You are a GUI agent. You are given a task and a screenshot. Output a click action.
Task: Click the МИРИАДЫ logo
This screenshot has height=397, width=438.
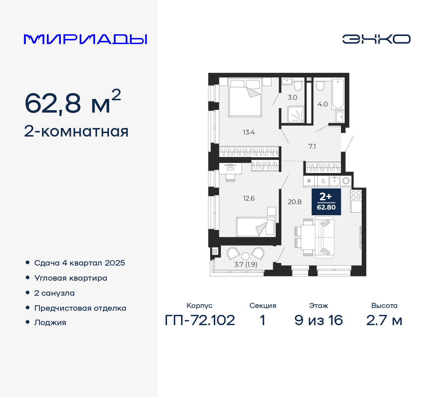click(x=85, y=39)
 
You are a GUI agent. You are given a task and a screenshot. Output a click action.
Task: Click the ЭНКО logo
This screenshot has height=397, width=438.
click(x=376, y=39)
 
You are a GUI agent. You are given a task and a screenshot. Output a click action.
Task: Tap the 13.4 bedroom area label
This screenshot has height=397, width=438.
click(x=249, y=132)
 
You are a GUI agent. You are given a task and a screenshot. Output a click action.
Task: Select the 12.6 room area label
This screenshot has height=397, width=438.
click(x=249, y=198)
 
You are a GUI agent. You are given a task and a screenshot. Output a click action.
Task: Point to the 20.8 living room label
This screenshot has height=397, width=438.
click(x=295, y=202)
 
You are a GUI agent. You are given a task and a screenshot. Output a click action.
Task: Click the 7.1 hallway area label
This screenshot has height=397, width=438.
click(x=312, y=146)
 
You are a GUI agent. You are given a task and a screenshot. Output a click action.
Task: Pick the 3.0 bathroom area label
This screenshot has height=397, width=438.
click(x=292, y=98)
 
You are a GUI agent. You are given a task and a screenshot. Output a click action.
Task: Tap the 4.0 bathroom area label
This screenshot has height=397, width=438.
click(x=323, y=104)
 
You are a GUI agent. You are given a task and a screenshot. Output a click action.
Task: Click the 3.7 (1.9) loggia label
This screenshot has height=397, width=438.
click(x=246, y=265)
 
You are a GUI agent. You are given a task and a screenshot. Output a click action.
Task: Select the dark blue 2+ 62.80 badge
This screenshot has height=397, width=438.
click(x=326, y=202)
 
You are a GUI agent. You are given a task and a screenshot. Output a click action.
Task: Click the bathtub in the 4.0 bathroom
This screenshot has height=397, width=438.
click(x=338, y=93)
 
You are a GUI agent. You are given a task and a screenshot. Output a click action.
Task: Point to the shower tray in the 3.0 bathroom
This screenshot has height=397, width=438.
click(x=296, y=114)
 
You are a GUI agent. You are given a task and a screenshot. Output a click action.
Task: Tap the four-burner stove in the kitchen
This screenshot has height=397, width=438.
click(x=356, y=195)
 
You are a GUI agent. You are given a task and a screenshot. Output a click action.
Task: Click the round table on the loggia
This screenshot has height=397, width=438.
click(x=245, y=256)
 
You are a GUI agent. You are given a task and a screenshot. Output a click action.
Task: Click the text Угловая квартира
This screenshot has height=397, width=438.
click(x=70, y=278)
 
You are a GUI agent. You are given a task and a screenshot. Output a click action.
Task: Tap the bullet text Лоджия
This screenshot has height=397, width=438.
click(x=50, y=323)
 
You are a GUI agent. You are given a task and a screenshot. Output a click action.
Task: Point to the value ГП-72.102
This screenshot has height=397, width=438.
click(x=200, y=320)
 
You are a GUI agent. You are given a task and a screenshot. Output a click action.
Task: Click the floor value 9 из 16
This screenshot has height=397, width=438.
click(x=319, y=320)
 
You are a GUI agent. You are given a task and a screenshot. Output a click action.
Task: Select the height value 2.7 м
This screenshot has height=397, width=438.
click(x=384, y=320)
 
